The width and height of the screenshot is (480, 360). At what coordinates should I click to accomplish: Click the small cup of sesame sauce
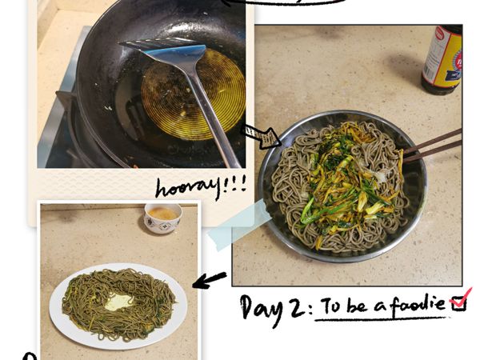162,216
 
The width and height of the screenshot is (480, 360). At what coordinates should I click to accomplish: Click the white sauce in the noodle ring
118,302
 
